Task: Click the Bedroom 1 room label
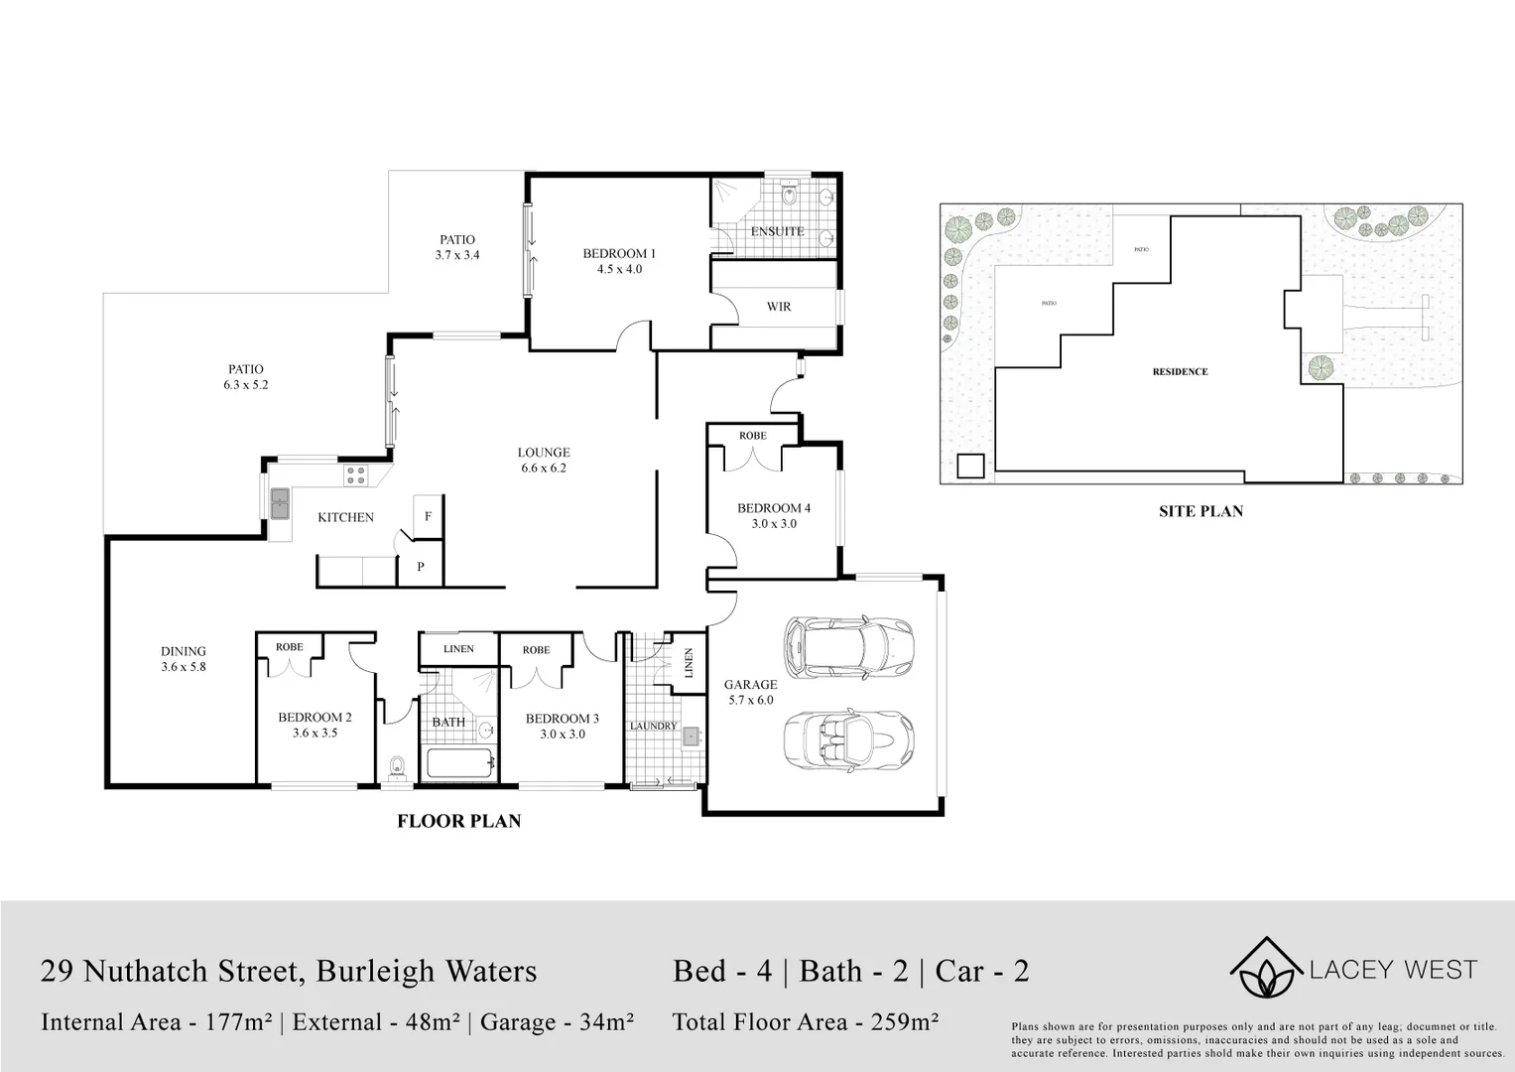tap(618, 253)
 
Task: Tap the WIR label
tap(779, 307)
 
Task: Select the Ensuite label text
tap(777, 231)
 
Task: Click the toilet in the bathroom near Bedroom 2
tap(398, 767)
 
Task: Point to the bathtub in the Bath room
tap(459, 764)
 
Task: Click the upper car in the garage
tap(847, 646)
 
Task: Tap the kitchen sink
tap(280, 503)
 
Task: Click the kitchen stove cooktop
tap(356, 476)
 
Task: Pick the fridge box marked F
tap(428, 516)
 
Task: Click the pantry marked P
tap(421, 567)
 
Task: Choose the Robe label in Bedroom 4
tap(752, 436)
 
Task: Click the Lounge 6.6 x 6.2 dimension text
tap(544, 469)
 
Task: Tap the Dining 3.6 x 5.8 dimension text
tap(184, 667)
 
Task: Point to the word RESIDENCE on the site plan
tap(1180, 372)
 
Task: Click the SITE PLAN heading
tap(1200, 512)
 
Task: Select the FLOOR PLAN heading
tap(458, 821)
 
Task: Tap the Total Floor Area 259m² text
tap(806, 1021)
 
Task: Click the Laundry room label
tap(653, 726)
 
